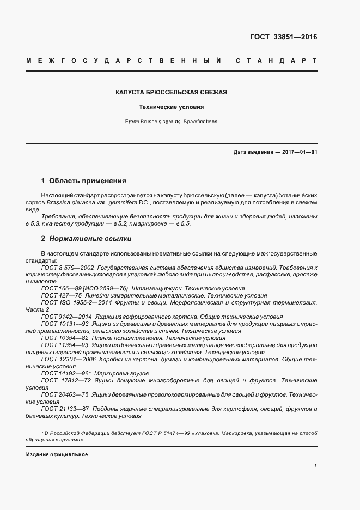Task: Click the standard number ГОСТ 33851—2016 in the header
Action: (x=283, y=38)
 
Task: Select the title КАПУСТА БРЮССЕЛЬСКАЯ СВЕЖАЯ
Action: (x=171, y=92)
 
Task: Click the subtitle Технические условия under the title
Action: (x=171, y=107)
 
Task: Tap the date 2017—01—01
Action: (x=299, y=152)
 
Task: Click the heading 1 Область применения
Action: (x=83, y=180)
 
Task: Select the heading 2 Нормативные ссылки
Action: (x=86, y=239)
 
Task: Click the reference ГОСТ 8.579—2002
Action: (x=68, y=268)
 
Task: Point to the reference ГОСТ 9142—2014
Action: (x=65, y=316)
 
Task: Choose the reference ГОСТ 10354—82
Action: (x=65, y=338)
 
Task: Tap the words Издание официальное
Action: (x=57, y=454)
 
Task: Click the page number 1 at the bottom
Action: (x=315, y=466)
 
